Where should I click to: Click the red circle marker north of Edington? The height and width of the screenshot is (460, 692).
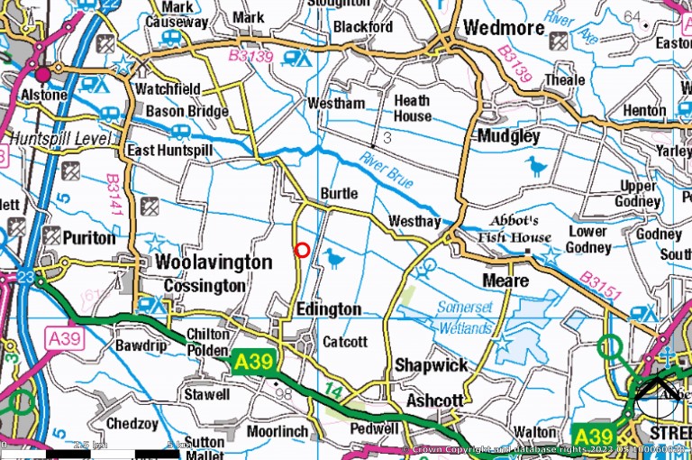pos(303,250)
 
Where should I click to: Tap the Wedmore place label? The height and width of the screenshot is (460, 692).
pos(504,28)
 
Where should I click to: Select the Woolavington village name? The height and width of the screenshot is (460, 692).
pos(214,262)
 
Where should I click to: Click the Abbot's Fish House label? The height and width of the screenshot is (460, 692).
pos(519,230)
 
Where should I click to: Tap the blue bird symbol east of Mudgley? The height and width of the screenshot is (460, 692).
pos(537,166)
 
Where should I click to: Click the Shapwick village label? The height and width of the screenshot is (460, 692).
pos(432,365)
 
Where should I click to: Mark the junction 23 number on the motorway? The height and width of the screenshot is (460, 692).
pos(26,277)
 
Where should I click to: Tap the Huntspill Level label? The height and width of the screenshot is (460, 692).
pos(59,139)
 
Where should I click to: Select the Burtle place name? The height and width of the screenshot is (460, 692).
pos(339,194)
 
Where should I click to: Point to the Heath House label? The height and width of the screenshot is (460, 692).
pos(412,108)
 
